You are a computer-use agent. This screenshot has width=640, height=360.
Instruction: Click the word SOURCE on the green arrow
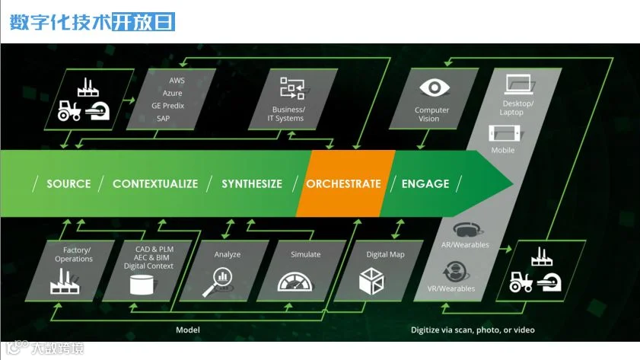click(x=68, y=183)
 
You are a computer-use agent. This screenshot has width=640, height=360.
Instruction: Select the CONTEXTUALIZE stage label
click(x=155, y=183)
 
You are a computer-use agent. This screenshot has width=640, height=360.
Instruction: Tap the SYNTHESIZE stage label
click(x=252, y=183)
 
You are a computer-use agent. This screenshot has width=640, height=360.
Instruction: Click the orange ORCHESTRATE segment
click(x=343, y=183)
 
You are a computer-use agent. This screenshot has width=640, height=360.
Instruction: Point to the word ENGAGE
click(x=425, y=183)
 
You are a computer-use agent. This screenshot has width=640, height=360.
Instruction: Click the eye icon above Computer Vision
click(x=432, y=88)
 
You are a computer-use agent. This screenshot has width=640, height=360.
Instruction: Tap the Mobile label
click(x=502, y=150)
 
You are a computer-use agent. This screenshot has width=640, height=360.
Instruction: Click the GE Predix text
click(x=167, y=106)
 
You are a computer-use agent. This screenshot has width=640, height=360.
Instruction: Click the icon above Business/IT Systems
click(x=291, y=88)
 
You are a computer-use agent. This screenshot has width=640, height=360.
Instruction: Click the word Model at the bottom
click(x=188, y=330)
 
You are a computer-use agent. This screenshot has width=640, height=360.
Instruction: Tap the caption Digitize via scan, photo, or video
click(x=473, y=330)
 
